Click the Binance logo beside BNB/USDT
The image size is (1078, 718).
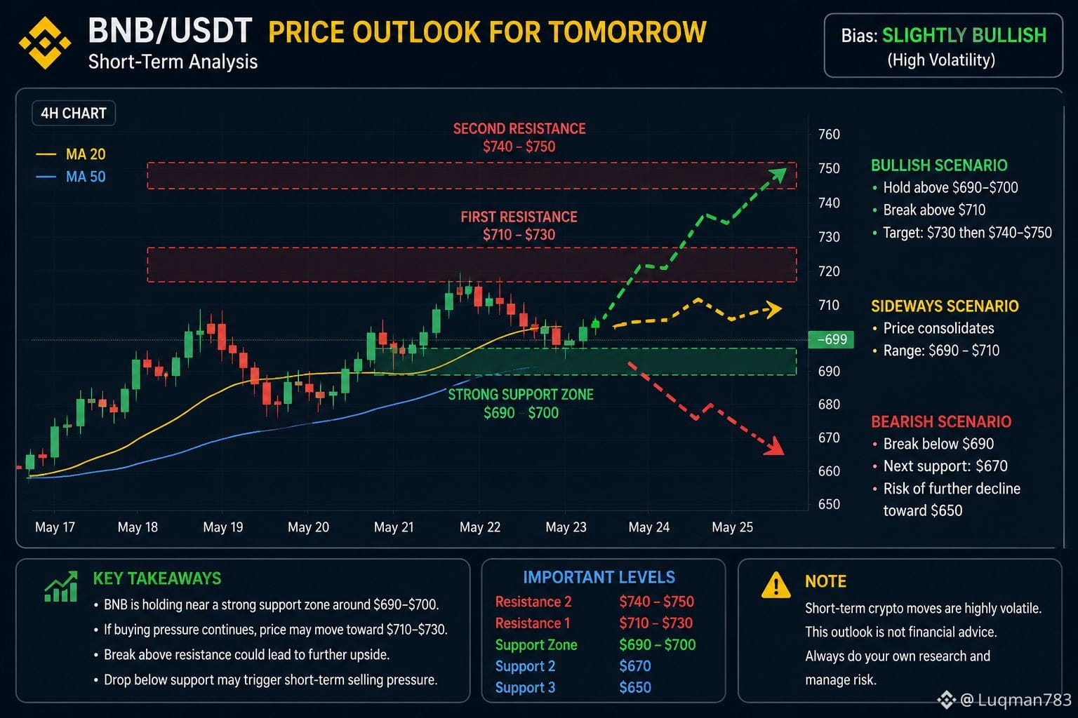click(45, 43)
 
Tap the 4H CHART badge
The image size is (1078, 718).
click(74, 113)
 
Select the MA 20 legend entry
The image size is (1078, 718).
click(71, 154)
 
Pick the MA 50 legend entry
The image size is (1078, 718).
click(71, 177)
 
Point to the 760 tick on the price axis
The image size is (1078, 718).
click(829, 134)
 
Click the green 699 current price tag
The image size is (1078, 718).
click(831, 339)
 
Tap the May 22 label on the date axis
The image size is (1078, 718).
click(480, 527)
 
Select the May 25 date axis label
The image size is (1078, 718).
click(732, 527)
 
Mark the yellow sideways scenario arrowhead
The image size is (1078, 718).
click(774, 309)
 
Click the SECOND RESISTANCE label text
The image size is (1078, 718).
click(519, 129)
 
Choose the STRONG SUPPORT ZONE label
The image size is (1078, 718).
click(521, 395)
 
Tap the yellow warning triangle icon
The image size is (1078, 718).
click(776, 585)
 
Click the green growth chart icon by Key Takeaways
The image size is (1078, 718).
click(60, 586)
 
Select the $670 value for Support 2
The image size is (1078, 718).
click(634, 666)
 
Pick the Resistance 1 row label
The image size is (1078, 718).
click(533, 623)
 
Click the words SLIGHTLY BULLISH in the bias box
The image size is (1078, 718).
click(964, 36)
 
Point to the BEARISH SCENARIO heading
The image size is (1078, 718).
click(941, 422)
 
